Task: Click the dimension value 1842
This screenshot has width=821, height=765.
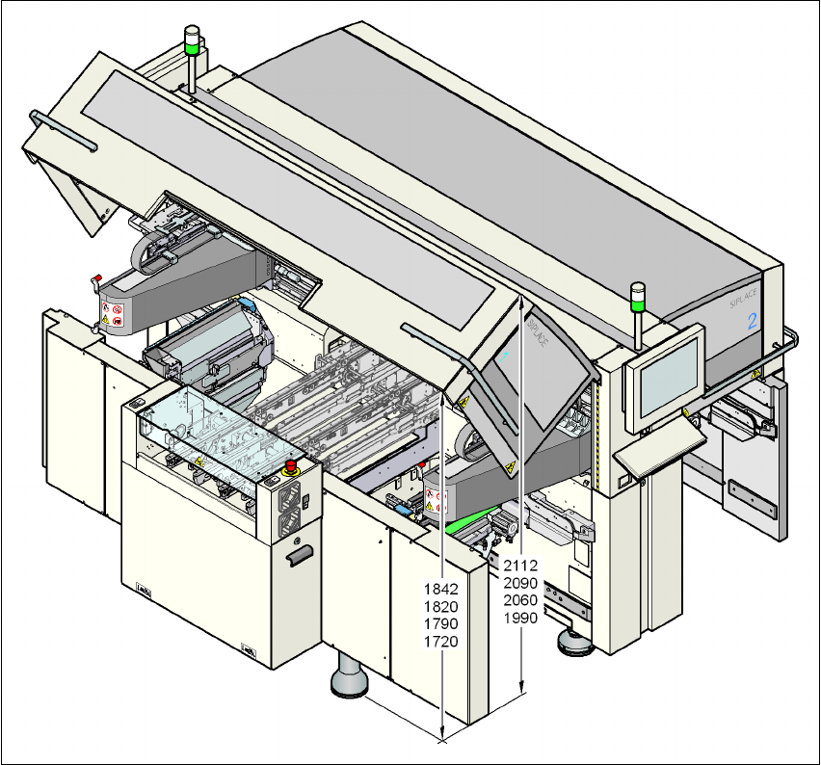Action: point(441,589)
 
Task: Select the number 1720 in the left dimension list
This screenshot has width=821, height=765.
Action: point(441,641)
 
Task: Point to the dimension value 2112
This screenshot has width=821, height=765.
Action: point(521,566)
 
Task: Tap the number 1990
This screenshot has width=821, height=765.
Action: point(521,618)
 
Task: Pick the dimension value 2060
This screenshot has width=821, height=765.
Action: point(521,600)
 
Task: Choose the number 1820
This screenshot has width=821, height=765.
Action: point(441,606)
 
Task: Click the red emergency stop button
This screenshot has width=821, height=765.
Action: point(290,466)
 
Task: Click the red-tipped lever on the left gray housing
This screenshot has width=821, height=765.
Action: point(96,281)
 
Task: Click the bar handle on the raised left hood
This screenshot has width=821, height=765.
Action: point(64,131)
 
